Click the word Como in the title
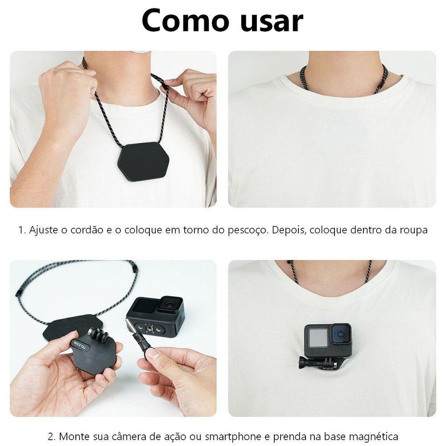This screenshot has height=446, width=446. [180, 21]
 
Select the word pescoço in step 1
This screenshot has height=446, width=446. [243, 231]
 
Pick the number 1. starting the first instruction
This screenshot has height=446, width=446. [22, 231]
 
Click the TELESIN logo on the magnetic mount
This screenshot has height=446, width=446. [80, 346]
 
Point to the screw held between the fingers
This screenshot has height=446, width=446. [142, 339]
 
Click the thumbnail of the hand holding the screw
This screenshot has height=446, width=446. [153, 355]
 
